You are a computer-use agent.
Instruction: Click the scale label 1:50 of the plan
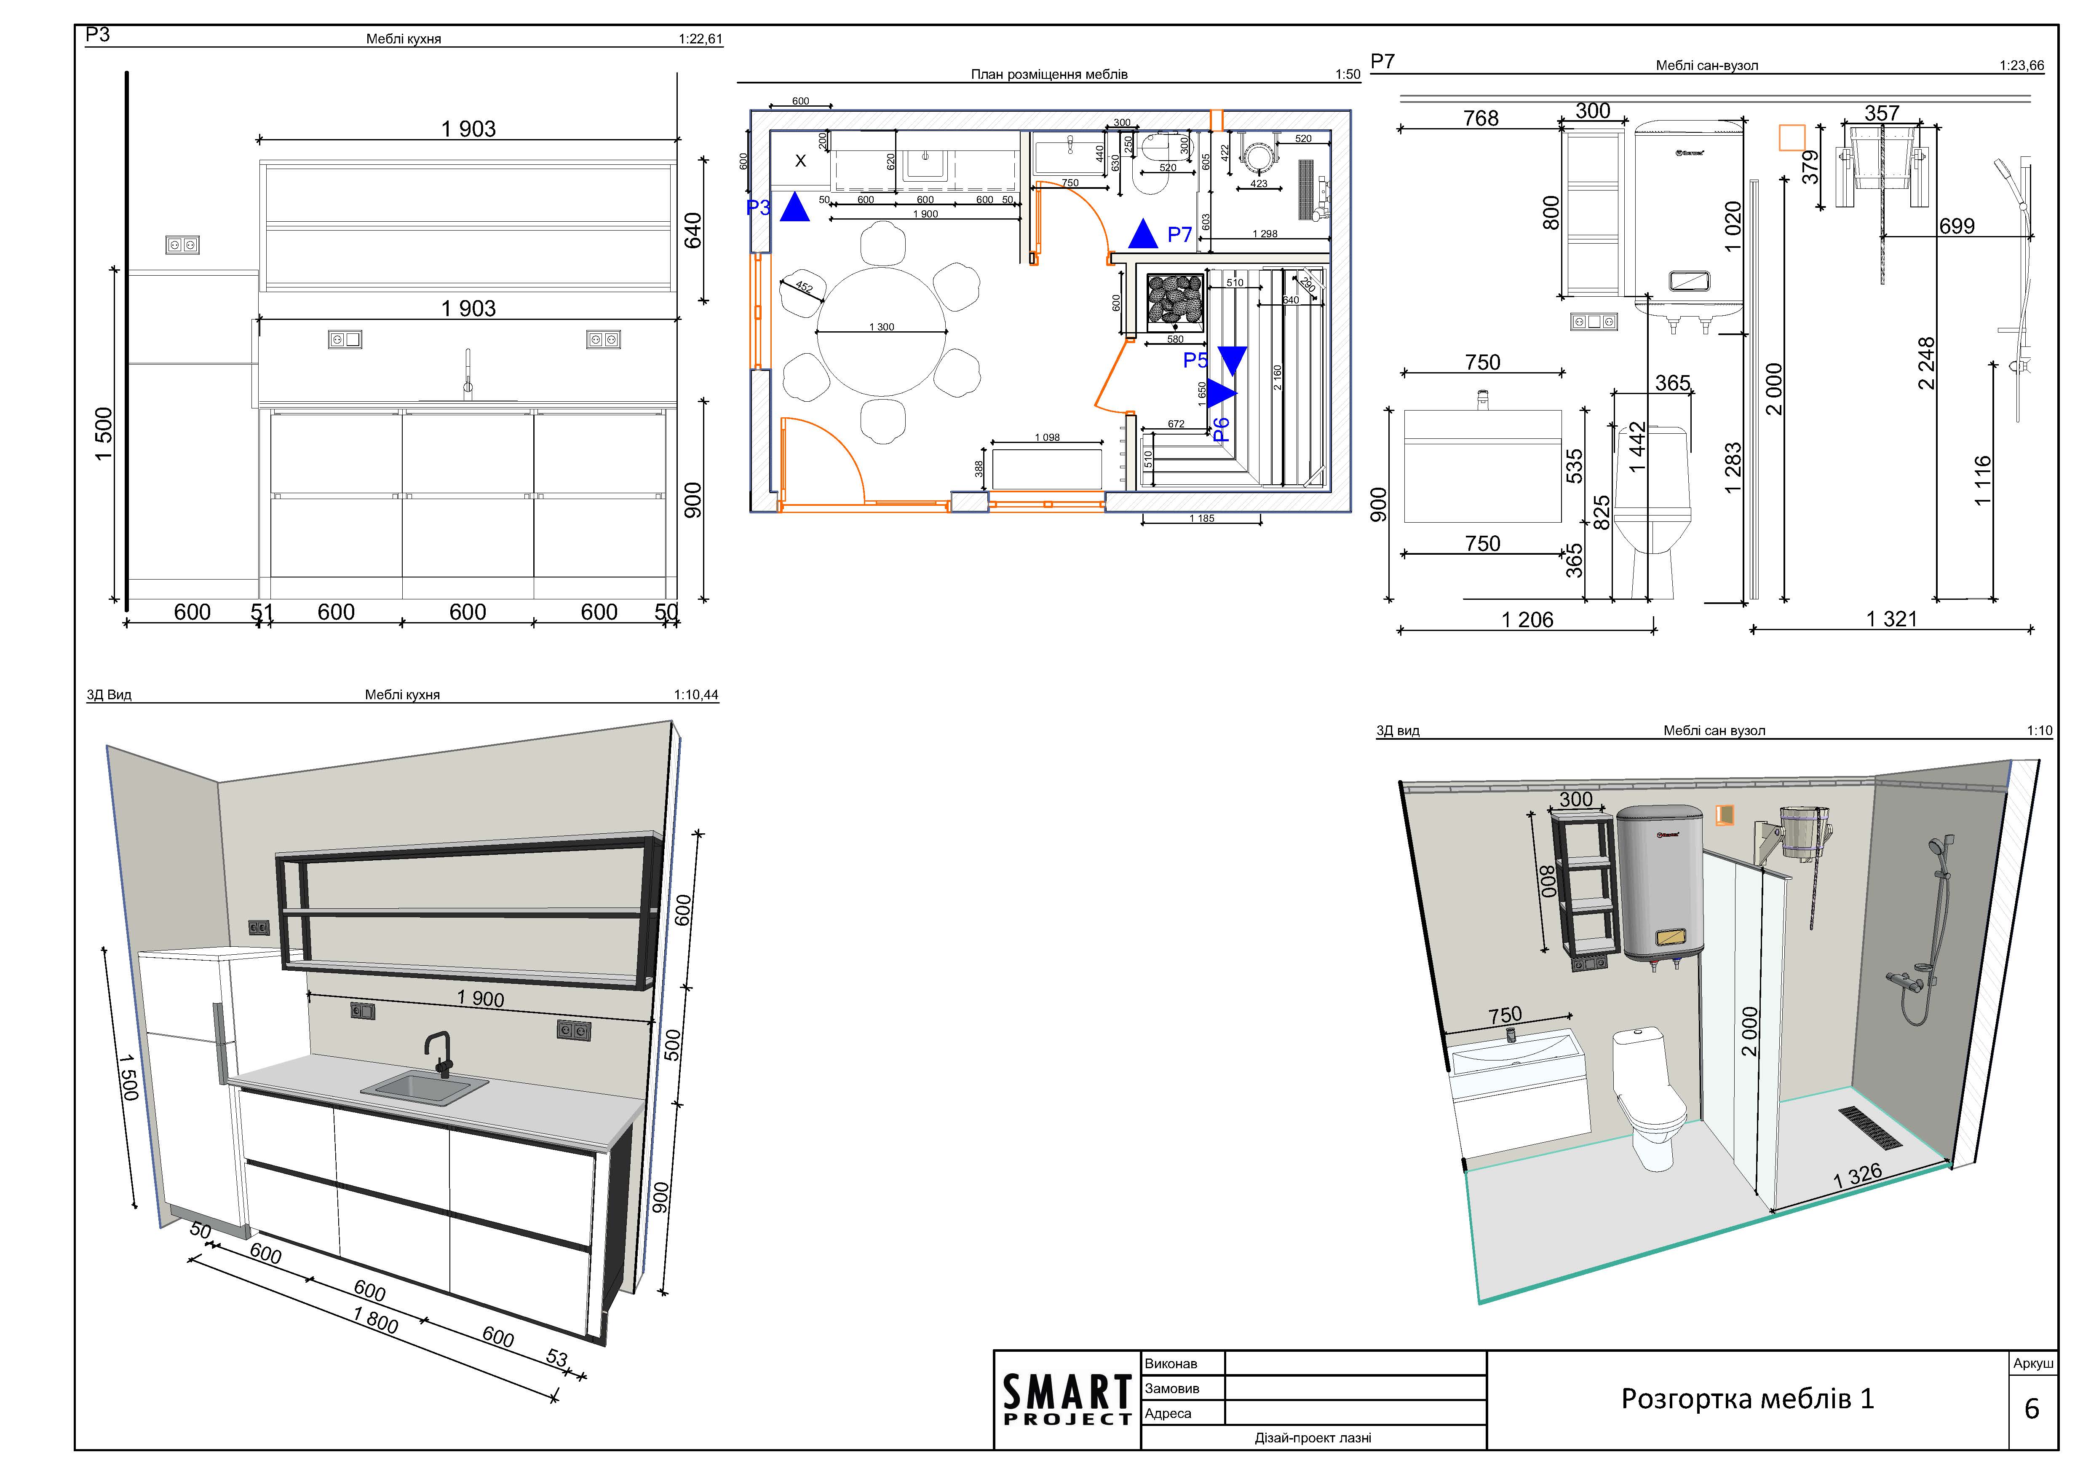(x=1347, y=75)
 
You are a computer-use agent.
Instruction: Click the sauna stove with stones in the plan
(x=1175, y=300)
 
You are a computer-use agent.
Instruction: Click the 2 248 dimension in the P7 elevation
(x=1926, y=363)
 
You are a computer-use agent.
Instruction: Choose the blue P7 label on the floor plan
(x=1179, y=235)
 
